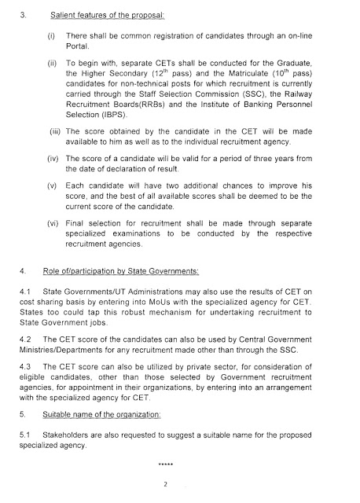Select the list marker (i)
[x=51, y=38]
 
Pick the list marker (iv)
[x=53, y=158]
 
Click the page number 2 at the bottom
[x=166, y=484]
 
